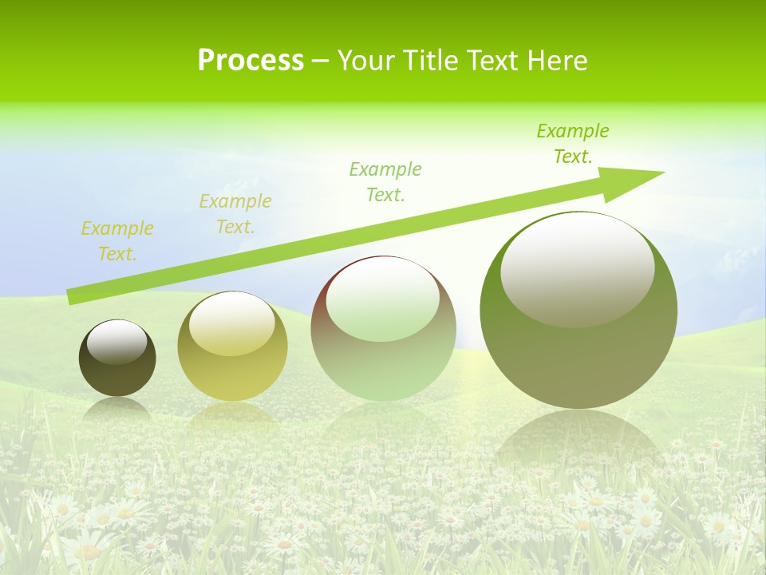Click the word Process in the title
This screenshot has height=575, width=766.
click(x=251, y=61)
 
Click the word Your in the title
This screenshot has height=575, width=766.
click(x=366, y=61)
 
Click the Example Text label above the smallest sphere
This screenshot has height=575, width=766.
click(x=117, y=241)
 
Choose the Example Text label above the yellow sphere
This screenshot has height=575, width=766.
click(x=235, y=214)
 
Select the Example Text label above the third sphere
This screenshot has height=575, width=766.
click(x=385, y=182)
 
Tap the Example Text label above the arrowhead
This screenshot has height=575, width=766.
click(x=573, y=144)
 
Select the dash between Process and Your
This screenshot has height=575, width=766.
click(x=320, y=61)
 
